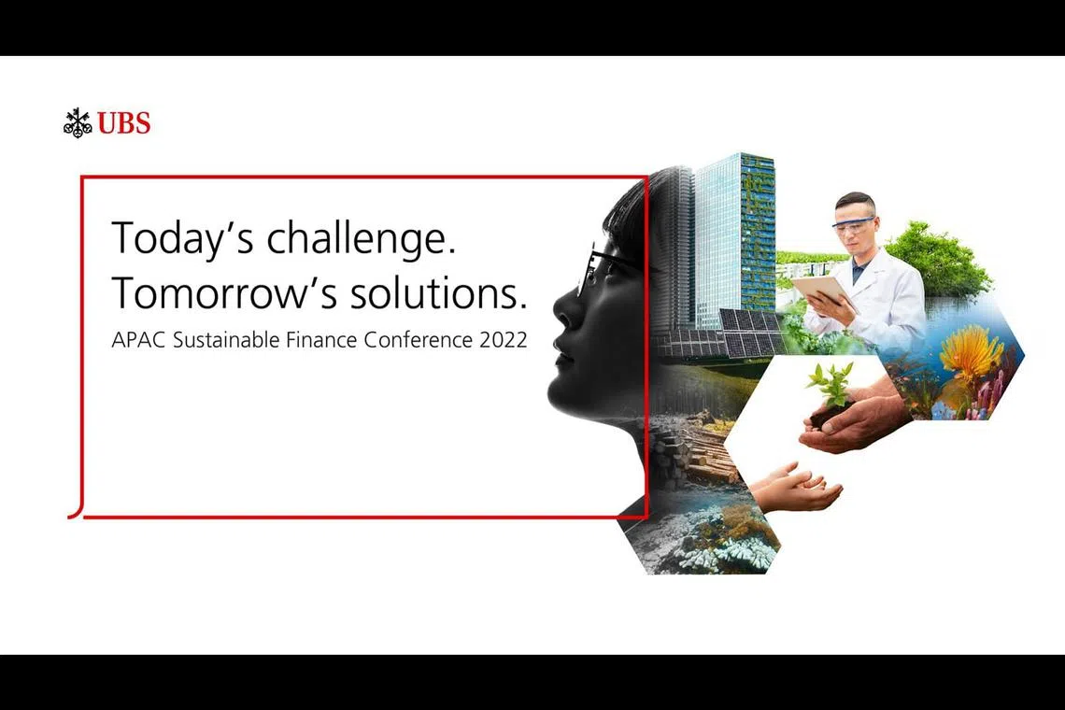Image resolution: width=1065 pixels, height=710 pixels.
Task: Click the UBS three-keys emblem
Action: coord(78,122)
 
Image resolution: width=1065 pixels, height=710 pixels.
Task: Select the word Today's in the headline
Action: coord(182,238)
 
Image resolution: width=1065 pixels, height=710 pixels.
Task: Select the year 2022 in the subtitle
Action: coord(504,339)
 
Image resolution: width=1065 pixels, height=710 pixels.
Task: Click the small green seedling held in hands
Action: coord(831,385)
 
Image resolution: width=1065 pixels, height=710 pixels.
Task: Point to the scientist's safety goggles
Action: coord(853,222)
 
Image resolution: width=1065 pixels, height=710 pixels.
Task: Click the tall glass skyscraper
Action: coord(733,234)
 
